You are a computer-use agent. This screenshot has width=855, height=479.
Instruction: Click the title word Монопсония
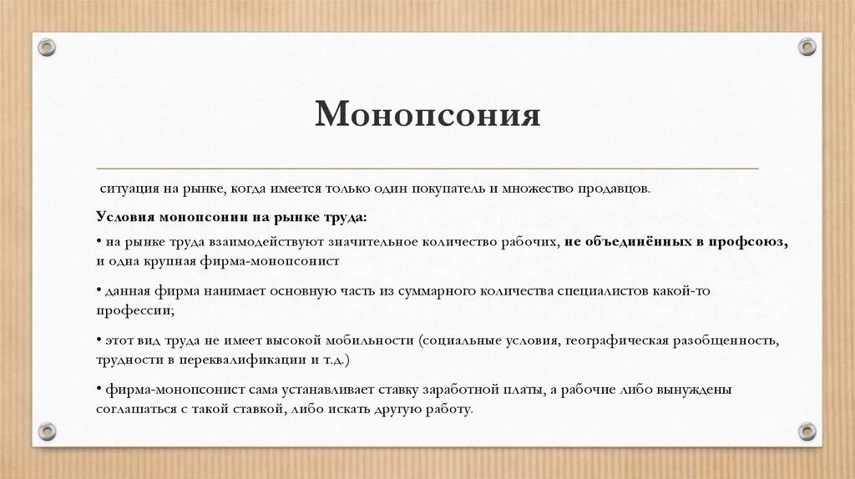[427, 114]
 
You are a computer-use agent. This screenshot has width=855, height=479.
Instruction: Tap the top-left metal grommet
[47, 47]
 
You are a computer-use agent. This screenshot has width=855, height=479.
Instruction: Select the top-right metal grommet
[807, 47]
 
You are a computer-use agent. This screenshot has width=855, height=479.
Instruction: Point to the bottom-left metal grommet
[47, 431]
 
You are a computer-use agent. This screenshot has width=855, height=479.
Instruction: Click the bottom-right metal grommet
[807, 431]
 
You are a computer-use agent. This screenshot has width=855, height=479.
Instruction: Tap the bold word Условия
[125, 216]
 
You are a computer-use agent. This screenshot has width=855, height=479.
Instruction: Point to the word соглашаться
[138, 410]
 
